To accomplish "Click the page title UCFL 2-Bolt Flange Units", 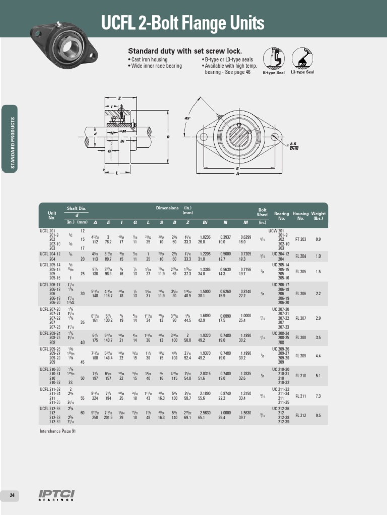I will (x=182, y=23).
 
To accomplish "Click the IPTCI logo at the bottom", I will (x=56, y=495).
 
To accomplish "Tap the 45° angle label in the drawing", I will (x=187, y=118).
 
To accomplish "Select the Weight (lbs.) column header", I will (x=318, y=216).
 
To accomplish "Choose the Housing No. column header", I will (x=301, y=216).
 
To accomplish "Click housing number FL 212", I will (x=301, y=415).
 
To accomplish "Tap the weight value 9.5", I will (x=318, y=415).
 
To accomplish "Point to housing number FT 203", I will (x=301, y=239).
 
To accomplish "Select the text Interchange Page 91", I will (x=57, y=431).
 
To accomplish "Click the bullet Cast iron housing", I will (x=148, y=60).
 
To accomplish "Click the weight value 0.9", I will (x=318, y=239).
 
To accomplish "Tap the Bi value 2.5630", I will (x=205, y=412).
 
